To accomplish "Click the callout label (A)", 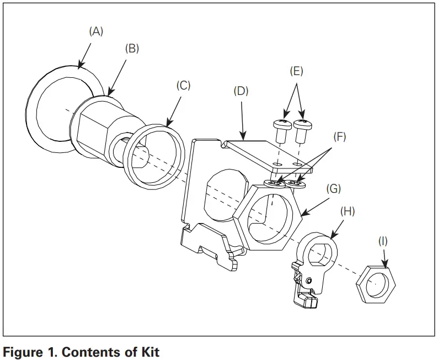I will (97, 32).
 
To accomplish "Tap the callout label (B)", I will (132, 49).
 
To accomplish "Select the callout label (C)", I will (183, 86).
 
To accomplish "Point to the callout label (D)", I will (242, 91).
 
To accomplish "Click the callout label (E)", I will (296, 72).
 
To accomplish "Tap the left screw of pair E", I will (282, 130).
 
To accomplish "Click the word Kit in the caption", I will (149, 352).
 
